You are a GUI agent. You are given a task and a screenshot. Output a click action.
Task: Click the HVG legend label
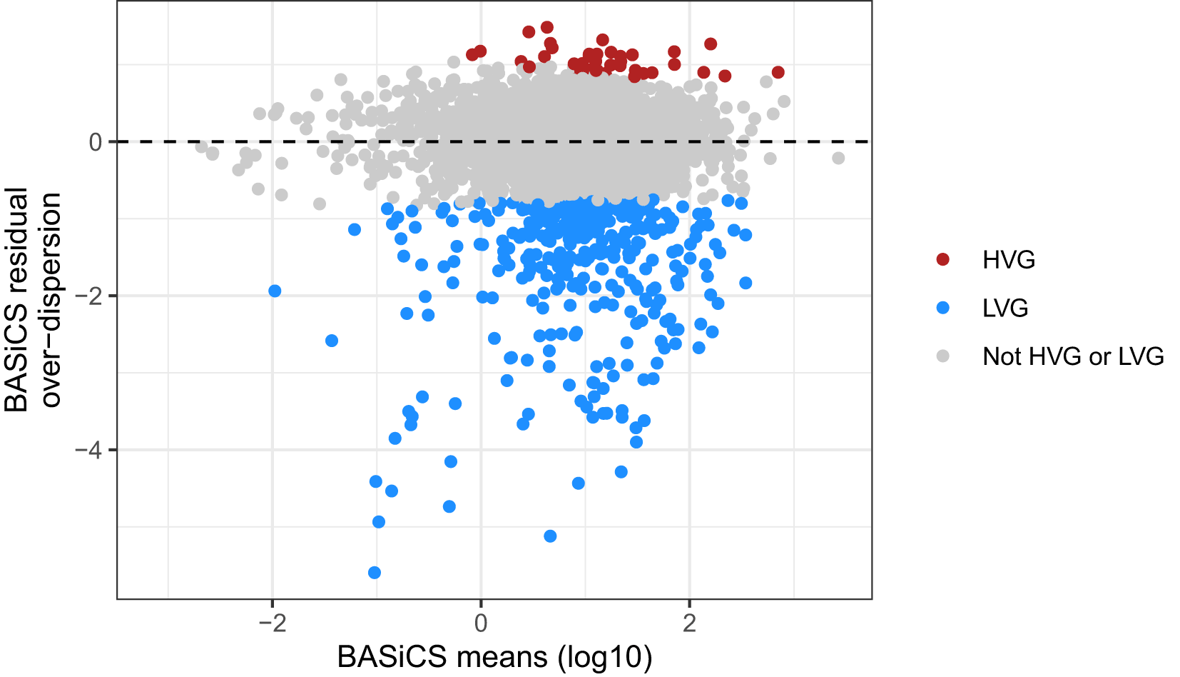coord(1008,260)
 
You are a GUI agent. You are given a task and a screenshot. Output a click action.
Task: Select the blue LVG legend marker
coord(943,308)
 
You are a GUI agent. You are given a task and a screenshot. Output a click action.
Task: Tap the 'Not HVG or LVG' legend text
coord(1072,356)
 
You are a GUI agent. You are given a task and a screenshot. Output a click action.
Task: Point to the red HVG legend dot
coord(943,259)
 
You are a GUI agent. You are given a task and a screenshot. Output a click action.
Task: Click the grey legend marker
coord(943,356)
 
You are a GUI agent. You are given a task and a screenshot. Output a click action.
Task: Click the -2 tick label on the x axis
coord(272,623)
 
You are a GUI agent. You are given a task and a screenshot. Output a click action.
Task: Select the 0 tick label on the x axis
coord(481,623)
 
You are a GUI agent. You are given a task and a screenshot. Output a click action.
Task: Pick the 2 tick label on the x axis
coord(689,623)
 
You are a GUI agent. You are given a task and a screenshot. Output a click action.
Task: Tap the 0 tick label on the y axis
coord(96,142)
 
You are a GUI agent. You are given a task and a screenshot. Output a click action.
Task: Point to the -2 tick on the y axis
coord(88,296)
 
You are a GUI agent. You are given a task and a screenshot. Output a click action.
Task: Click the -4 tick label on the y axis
coord(88,450)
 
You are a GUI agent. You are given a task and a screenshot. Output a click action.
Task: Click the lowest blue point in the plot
coord(374,573)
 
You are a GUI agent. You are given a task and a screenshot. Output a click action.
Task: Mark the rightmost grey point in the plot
coord(838,158)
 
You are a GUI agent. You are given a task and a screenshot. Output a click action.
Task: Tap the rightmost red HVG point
coord(778,72)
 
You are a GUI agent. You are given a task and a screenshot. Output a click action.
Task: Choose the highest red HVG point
coord(547,27)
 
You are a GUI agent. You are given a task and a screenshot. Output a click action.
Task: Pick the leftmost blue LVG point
coord(275,291)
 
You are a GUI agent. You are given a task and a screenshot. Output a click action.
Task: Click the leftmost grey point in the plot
coord(202,146)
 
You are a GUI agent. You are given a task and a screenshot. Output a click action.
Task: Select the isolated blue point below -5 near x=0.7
coord(550,536)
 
